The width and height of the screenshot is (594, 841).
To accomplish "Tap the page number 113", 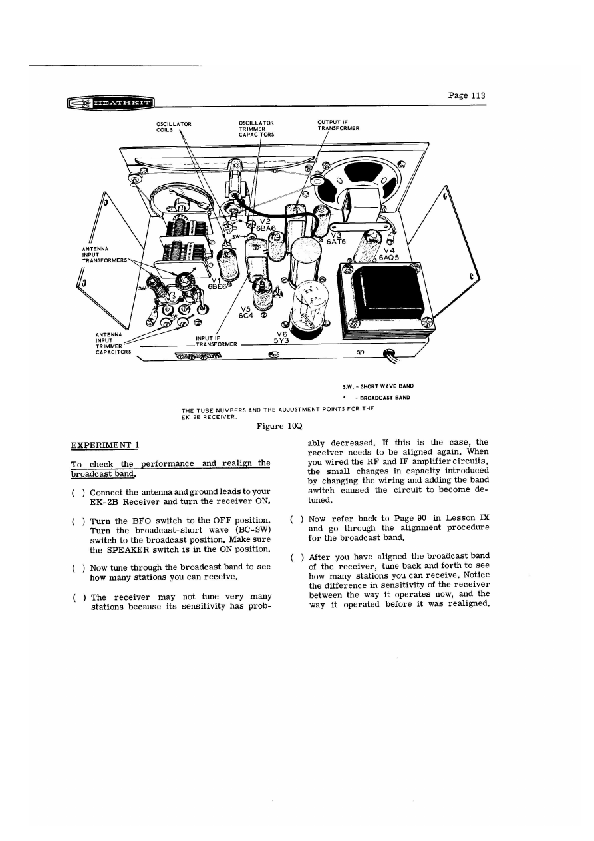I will pyautogui.click(x=466, y=95).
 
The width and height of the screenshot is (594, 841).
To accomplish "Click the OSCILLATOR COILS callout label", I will pyautogui.click(x=174, y=127).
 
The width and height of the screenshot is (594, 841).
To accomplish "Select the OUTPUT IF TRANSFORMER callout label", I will pyautogui.click(x=339, y=125).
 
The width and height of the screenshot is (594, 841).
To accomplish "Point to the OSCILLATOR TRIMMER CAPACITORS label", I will pyautogui.click(x=257, y=128).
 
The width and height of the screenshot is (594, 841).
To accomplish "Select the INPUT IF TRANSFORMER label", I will pyautogui.click(x=212, y=341).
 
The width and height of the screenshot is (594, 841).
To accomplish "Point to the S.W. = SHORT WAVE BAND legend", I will pyautogui.click(x=378, y=386).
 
